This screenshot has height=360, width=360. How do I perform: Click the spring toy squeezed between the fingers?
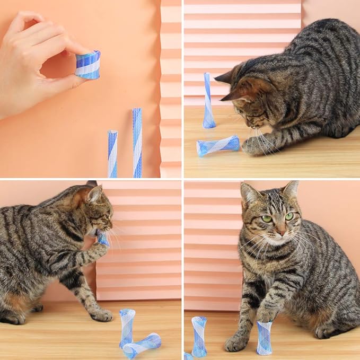click(x=87, y=65)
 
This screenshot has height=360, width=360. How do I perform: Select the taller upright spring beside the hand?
click(x=137, y=142)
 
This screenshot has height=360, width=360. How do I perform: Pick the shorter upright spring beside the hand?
click(x=112, y=154)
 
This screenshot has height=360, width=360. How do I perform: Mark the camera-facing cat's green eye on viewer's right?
click(x=289, y=216)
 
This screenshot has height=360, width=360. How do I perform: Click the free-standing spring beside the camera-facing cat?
click(x=199, y=336)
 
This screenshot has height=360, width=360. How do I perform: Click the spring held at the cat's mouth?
click(x=102, y=239)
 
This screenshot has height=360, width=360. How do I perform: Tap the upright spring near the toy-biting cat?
click(x=127, y=326)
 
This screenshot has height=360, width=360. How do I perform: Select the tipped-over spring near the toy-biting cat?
click(x=142, y=345)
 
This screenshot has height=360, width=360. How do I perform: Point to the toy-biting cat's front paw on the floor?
click(x=101, y=315)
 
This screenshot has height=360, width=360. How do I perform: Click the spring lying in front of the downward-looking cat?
click(x=217, y=146)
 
